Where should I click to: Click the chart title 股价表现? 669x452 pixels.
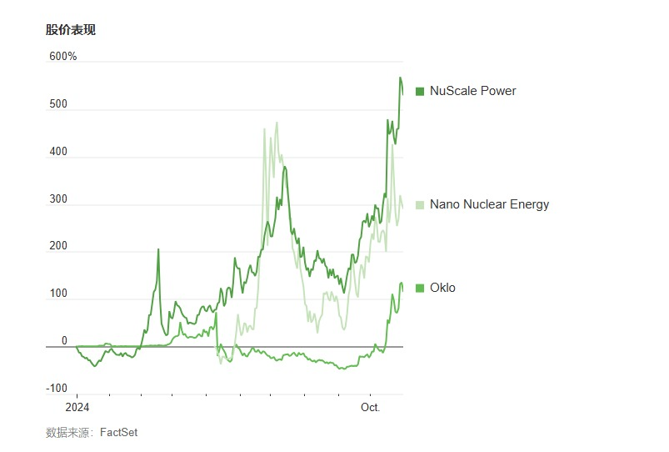(71, 30)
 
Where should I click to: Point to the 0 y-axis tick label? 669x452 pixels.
(64, 341)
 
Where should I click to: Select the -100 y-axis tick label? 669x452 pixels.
(57, 389)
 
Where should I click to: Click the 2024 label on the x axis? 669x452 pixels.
(77, 408)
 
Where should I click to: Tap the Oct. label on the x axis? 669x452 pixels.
(370, 408)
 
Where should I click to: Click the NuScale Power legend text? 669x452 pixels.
(472, 91)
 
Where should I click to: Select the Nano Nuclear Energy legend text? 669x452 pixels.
(489, 204)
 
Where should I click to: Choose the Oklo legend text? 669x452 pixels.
(442, 288)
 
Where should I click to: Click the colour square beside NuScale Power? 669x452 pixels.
(420, 91)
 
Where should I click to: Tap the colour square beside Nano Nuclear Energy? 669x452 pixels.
(420, 204)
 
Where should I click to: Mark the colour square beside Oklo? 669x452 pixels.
(420, 289)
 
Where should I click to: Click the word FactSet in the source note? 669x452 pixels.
(119, 432)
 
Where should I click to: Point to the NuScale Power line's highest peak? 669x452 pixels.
(401, 78)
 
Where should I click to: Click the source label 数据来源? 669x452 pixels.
(68, 432)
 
